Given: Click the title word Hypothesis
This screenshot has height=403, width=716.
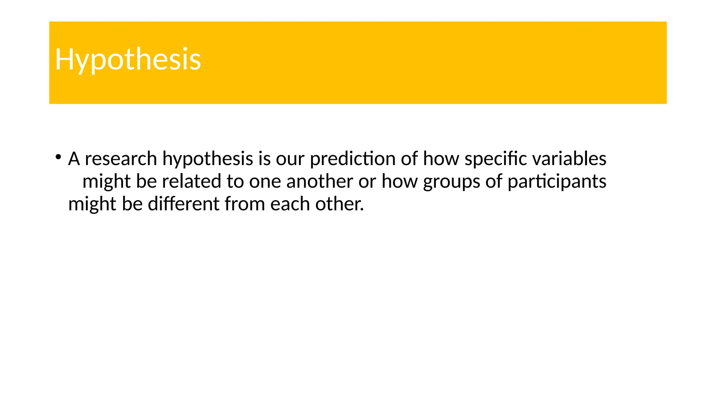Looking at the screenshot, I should (x=128, y=59).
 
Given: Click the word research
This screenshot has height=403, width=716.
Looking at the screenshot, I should (x=121, y=159).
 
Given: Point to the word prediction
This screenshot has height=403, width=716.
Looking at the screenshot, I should (x=353, y=159).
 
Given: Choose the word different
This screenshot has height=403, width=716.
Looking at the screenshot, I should (x=184, y=204).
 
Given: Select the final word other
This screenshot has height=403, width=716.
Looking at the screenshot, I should (x=338, y=204).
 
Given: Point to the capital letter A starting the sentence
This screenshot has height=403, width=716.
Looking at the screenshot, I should (x=74, y=159).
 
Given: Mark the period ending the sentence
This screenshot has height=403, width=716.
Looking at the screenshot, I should (x=362, y=210).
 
